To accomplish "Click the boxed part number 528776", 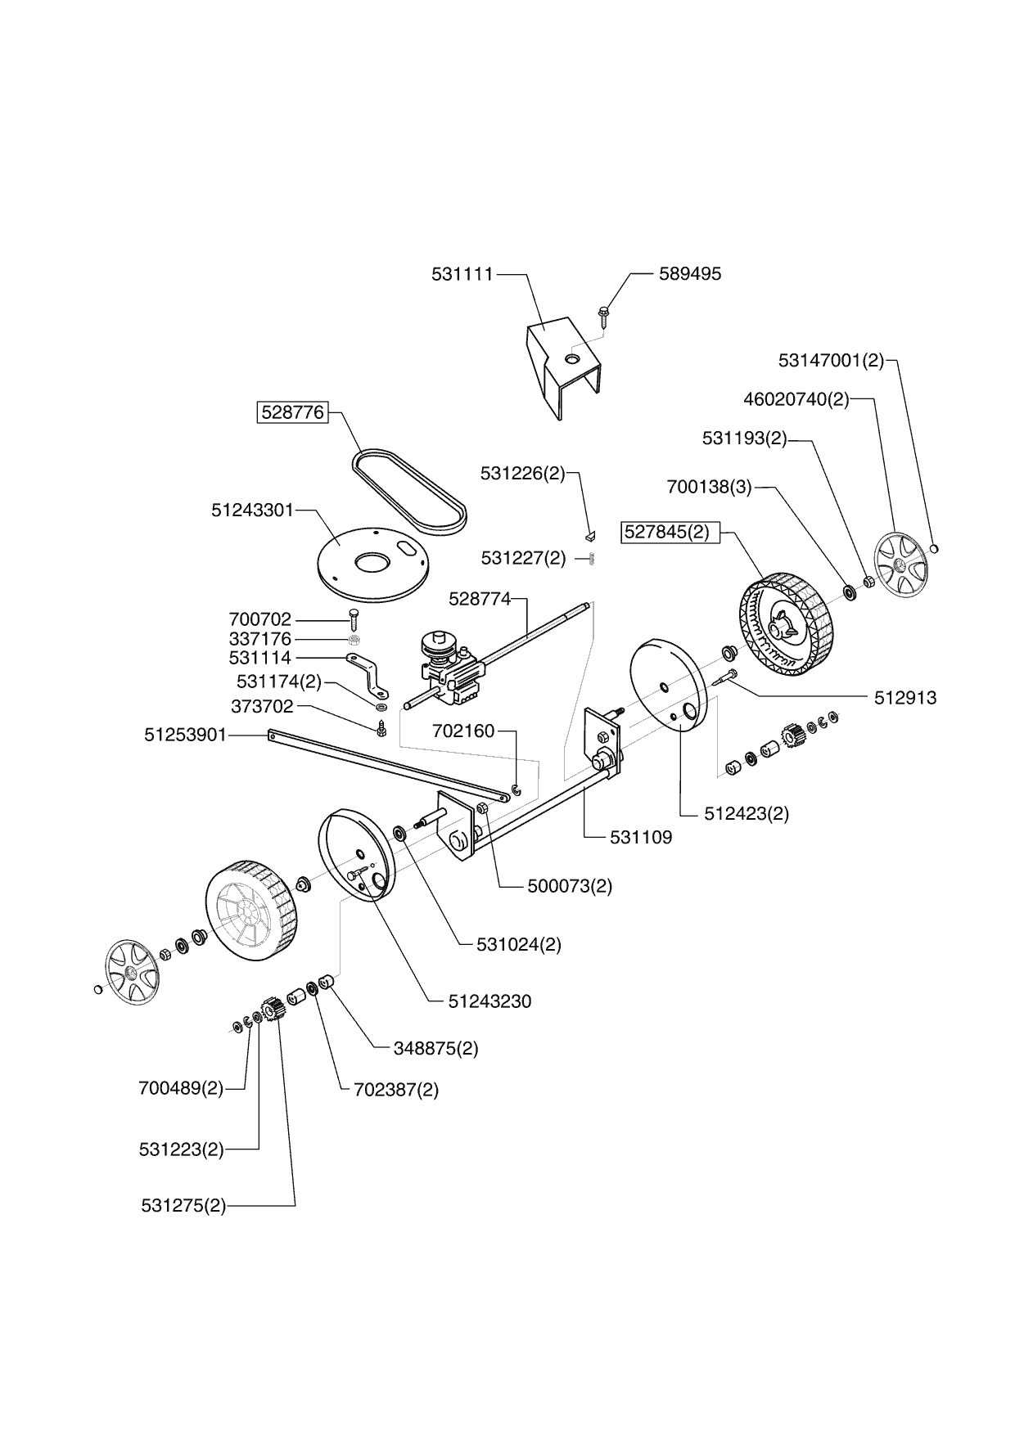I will point(292,412).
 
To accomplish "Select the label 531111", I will point(462,274).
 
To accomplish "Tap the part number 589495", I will point(690,274).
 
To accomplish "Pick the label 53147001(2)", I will point(831,360).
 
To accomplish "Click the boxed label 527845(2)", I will point(667,532).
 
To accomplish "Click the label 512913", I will point(905,698).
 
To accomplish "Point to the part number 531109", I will point(641,837).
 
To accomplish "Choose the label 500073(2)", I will point(571,886).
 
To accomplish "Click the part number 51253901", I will point(185,735).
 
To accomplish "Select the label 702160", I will point(464,731).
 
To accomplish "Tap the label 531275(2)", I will point(183,1205).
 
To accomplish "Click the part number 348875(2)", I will point(435,1048).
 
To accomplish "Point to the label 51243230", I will point(489,1001).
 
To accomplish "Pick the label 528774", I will point(479,599).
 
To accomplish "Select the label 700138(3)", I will point(709,488).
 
